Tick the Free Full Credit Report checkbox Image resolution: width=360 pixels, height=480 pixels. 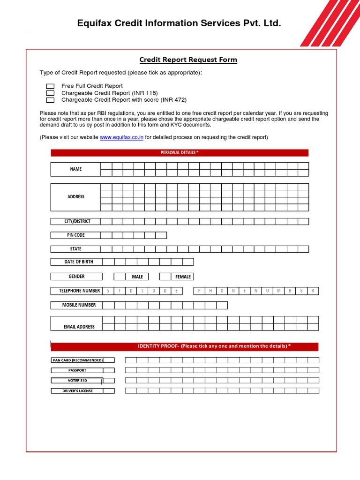click(50, 86)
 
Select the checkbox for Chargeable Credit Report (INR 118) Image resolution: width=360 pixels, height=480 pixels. click(50, 93)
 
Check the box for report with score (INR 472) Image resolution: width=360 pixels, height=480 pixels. click(50, 100)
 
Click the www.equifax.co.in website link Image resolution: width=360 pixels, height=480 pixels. click(121, 137)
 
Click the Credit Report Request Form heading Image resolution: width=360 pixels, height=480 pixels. click(188, 60)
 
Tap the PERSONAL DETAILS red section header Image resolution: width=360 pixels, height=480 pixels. click(180, 153)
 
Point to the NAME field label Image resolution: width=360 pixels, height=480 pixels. click(75, 169)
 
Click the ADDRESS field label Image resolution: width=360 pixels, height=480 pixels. click(75, 197)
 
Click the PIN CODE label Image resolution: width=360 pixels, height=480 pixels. click(75, 235)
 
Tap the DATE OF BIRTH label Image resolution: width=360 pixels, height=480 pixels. click(75, 262)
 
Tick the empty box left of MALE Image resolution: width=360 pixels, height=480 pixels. click(120, 277)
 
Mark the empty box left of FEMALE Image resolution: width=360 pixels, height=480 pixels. click(165, 277)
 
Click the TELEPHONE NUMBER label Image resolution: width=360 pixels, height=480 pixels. click(76, 291)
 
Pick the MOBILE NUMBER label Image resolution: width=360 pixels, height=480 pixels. click(75, 305)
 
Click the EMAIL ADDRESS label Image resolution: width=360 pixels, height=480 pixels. click(75, 326)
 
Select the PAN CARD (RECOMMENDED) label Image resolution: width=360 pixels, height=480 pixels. click(77, 360)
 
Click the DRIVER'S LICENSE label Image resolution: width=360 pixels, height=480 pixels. click(77, 390)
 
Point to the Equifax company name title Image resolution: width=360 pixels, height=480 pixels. click(179, 23)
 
